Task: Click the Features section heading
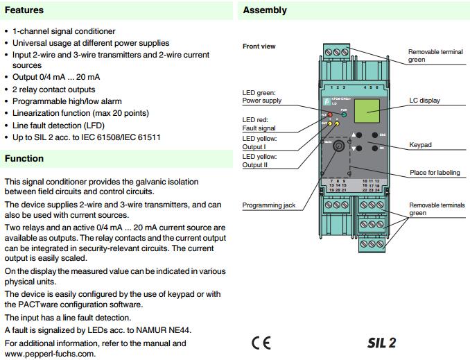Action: click(24, 10)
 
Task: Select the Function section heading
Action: click(24, 159)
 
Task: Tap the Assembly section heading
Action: click(265, 10)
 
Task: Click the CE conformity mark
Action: click(261, 343)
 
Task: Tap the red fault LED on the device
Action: click(330, 114)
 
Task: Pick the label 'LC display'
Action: click(424, 101)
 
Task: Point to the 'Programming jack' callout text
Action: click(269, 205)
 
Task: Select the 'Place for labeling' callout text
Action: click(435, 173)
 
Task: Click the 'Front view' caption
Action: click(259, 46)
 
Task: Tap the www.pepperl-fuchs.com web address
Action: click(50, 354)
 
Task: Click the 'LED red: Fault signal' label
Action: click(259, 123)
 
